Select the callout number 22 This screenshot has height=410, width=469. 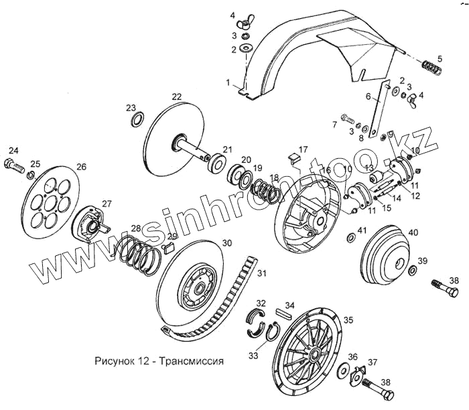pos(176,97)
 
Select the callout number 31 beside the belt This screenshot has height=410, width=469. pos(262,273)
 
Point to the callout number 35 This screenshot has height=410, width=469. pos(348,321)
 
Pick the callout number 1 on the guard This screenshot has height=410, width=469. pos(228,82)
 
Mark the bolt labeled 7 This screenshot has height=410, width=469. pos(346,119)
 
